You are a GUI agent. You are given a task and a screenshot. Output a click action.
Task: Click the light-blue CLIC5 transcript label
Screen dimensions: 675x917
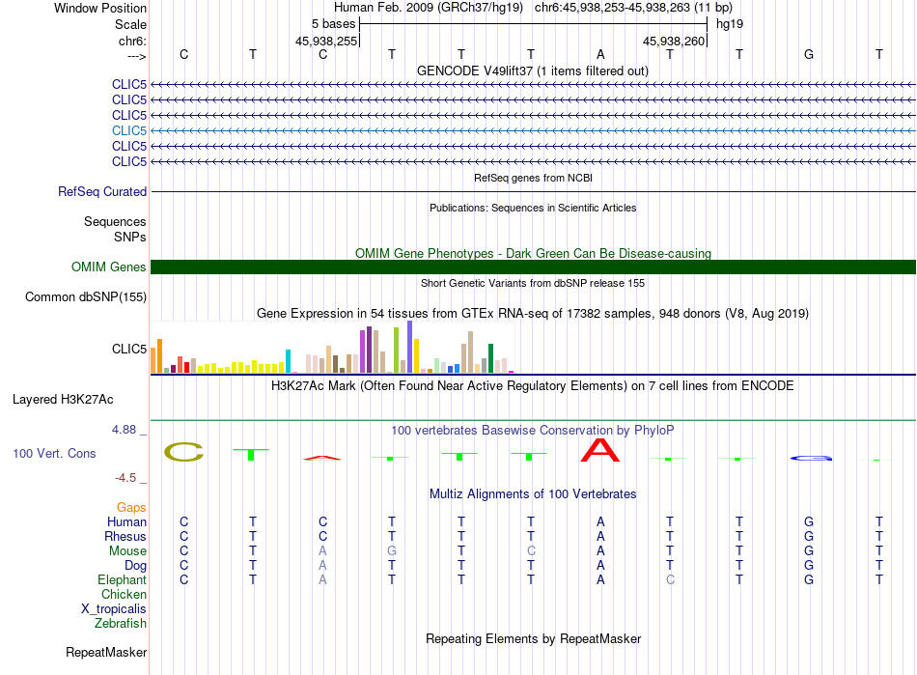[129, 130]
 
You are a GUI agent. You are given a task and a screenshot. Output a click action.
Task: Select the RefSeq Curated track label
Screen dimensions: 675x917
[102, 192]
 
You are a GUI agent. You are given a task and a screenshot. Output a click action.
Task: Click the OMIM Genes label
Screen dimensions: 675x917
[109, 267]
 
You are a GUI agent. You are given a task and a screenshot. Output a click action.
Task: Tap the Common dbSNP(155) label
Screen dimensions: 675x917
[86, 297]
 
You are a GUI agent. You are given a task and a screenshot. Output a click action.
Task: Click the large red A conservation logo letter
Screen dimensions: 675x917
[600, 450]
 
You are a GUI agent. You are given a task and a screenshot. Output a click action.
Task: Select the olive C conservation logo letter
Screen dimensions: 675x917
[183, 452]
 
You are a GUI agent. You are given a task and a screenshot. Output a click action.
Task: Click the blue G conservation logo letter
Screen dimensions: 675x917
[809, 458]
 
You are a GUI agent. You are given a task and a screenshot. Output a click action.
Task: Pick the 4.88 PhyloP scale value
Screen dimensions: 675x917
[129, 430]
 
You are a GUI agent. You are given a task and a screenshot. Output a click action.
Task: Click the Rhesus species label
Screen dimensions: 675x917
[125, 537]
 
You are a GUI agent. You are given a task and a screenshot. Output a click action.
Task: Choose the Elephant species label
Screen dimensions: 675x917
[122, 580]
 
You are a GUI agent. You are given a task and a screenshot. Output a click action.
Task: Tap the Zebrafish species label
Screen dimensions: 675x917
[122, 624]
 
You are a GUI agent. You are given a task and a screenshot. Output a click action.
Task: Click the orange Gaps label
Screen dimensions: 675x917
[131, 507]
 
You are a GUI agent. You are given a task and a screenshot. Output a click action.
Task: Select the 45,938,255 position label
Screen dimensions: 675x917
[326, 42]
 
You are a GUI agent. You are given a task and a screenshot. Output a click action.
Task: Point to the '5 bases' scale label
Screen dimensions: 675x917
[333, 23]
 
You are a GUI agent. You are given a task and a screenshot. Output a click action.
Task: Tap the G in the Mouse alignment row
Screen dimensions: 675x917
[392, 551]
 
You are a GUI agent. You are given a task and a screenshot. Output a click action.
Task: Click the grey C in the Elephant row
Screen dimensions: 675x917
[670, 580]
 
